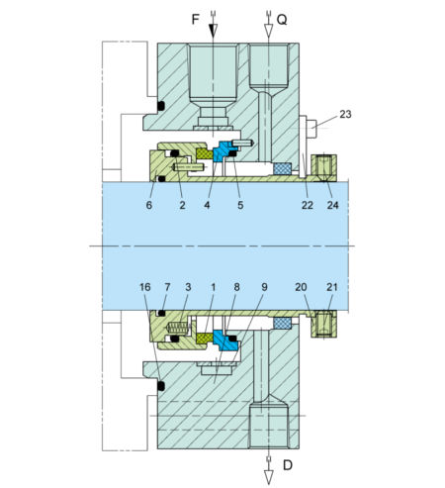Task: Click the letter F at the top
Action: [x=193, y=18]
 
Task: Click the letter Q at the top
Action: [x=283, y=18]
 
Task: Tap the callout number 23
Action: [x=344, y=115]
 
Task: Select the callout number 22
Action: [x=308, y=205]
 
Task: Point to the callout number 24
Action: [x=332, y=205]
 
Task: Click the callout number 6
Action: [x=149, y=205]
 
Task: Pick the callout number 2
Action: [x=182, y=205]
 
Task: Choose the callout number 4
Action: [x=209, y=205]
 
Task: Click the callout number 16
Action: [x=144, y=287]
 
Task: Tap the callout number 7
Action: [x=167, y=287]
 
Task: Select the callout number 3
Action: [x=187, y=287]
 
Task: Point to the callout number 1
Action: [x=213, y=287]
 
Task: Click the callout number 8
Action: [x=237, y=287]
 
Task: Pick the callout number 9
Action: [x=263, y=287]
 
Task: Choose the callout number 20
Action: [x=301, y=287]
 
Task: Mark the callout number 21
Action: [x=331, y=287]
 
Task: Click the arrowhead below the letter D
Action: [x=267, y=476]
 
